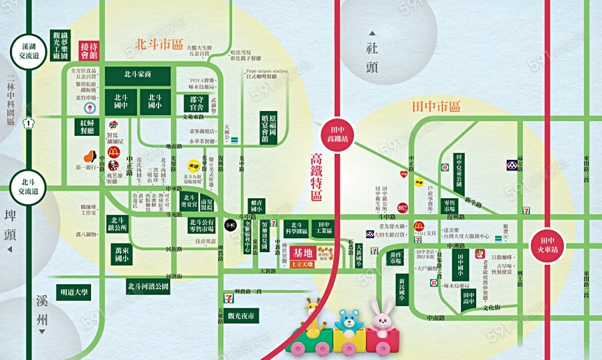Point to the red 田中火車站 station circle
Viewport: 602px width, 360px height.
[x=547, y=243]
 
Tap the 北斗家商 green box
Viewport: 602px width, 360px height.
[x=138, y=75]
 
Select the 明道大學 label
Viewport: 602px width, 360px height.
[x=74, y=292]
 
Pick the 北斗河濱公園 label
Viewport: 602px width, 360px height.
[x=148, y=288]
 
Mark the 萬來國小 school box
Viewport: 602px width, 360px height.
[x=122, y=253]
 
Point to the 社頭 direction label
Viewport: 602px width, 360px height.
[x=373, y=58]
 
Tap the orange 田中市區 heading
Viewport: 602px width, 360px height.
[x=437, y=106]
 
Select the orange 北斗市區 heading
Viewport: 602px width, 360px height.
[x=159, y=45]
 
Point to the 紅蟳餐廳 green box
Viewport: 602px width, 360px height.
[x=88, y=128]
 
